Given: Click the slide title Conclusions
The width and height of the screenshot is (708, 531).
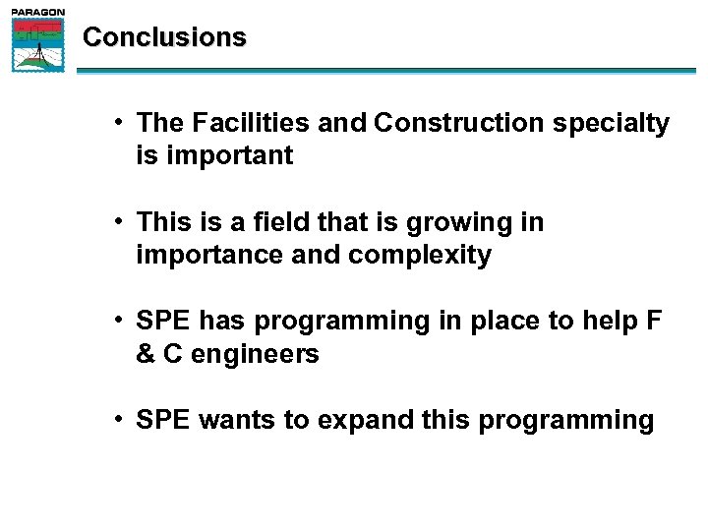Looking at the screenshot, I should coord(164,37).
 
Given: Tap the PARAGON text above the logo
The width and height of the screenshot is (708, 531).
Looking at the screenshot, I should coord(38,12).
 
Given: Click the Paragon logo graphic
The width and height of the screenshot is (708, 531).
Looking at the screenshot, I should coord(38,45).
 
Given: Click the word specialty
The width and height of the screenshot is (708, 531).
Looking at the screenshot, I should coord(614,124).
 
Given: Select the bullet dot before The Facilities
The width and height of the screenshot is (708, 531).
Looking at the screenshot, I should coord(116,123).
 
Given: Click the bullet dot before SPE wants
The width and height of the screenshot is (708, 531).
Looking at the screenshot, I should coord(116,420).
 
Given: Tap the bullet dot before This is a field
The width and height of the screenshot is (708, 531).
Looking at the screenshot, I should coord(116,222).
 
